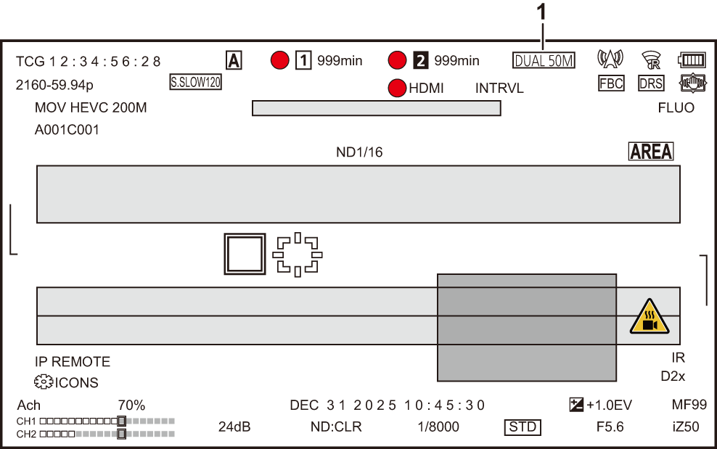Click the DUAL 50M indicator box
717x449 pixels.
544,61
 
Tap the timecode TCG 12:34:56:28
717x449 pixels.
89,62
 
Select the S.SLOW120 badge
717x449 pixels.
195,82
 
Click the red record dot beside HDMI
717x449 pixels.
397,88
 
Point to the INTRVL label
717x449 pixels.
499,88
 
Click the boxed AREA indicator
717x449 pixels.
651,152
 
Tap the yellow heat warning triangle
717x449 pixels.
645,317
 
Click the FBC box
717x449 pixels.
611,83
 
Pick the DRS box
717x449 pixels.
651,83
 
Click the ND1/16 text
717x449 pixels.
358,152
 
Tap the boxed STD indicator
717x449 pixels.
523,427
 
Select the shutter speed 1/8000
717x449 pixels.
438,427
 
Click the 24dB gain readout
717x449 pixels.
234,427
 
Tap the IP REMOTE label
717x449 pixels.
73,361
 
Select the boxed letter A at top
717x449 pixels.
234,61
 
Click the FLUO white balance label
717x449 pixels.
676,108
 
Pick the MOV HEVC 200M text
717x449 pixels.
91,108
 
